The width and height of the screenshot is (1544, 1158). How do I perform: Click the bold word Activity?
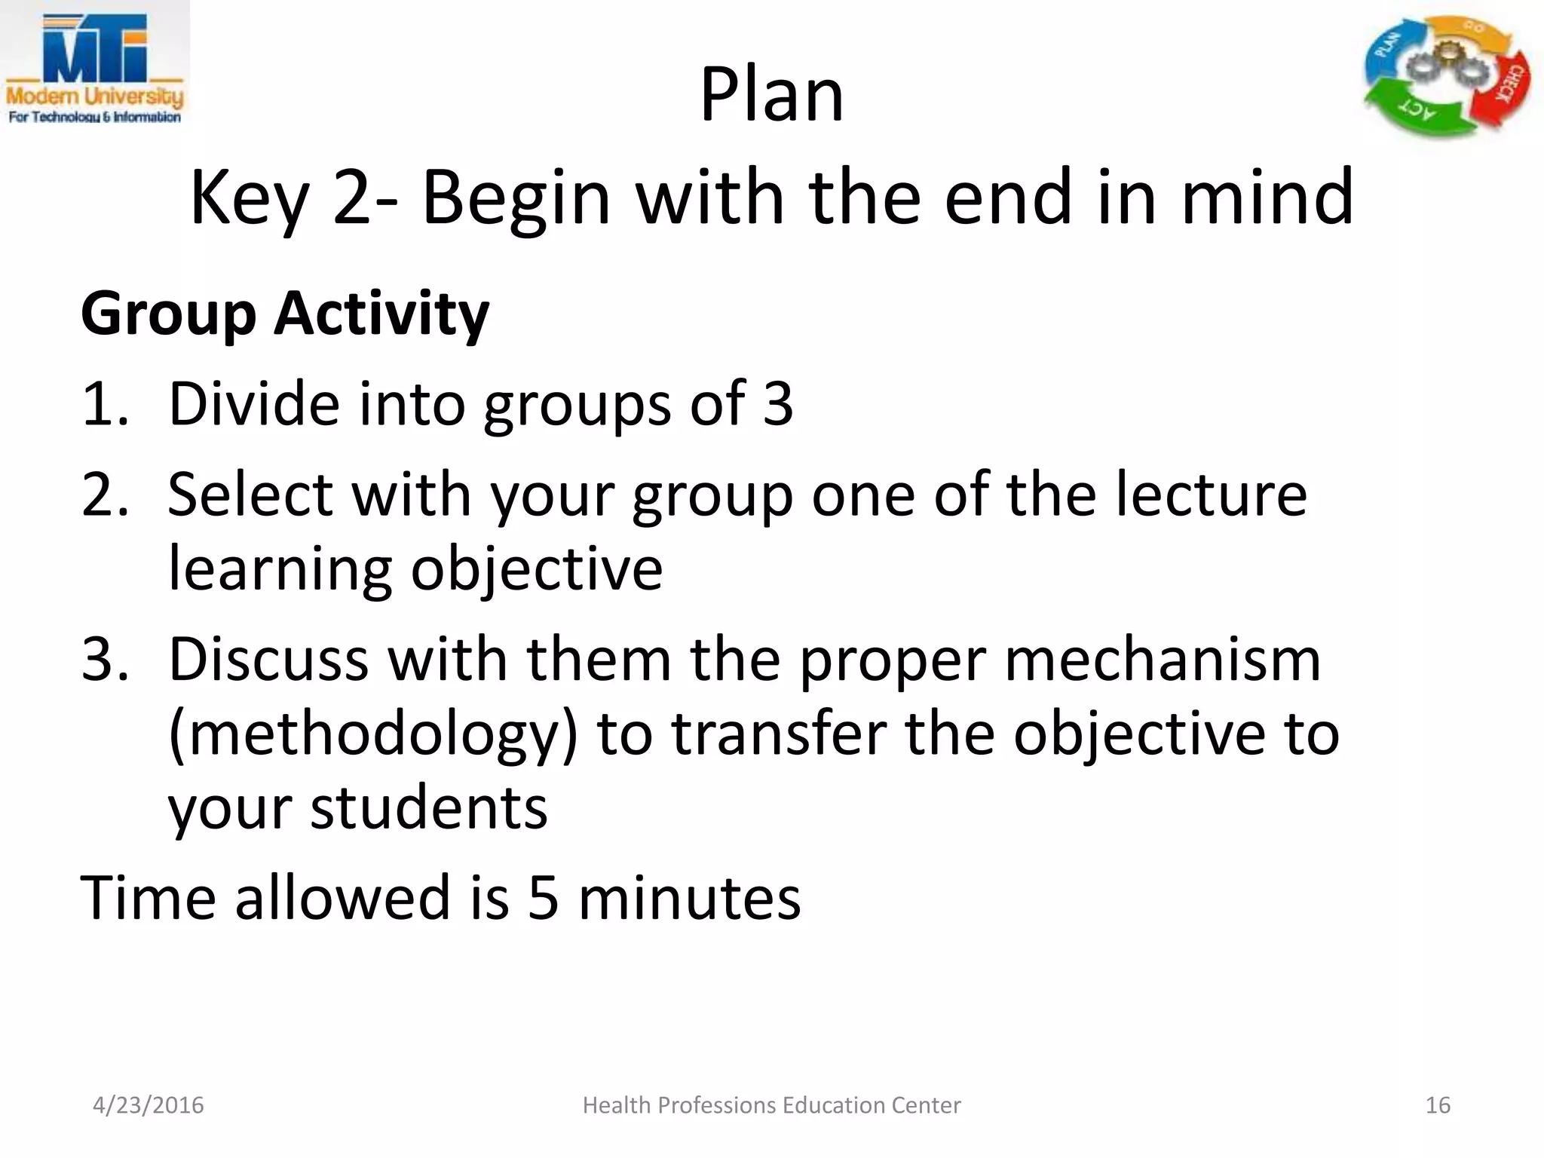tap(381, 313)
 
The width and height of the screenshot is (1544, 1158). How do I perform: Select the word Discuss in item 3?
tap(268, 660)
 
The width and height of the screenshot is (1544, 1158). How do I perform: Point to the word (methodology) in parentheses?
tap(372, 734)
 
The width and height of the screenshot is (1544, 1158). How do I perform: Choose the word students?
tap(428, 808)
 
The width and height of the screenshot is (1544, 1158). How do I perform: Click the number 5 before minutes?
tap(543, 898)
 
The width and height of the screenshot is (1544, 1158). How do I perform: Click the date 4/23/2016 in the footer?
tap(148, 1105)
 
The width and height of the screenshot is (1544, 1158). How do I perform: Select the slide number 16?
tap(1438, 1105)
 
